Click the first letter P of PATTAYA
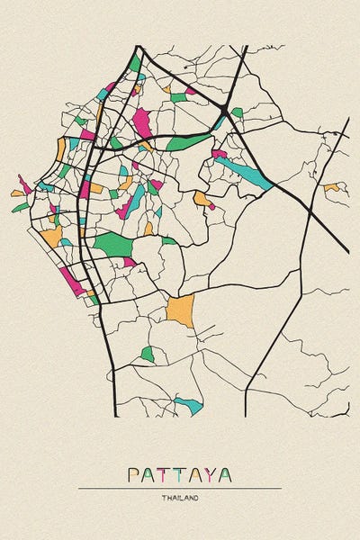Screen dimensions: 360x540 [x=133, y=474]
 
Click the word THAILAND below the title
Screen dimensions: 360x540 [x=180, y=498]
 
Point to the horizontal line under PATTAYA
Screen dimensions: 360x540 [x=180, y=488]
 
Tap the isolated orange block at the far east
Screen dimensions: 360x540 [x=332, y=187]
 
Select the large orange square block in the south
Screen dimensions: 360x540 [x=180, y=310]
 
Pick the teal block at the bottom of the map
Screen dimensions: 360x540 [x=189, y=404]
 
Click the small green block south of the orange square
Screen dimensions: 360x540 [x=148, y=355]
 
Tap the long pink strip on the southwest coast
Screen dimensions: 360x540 [x=72, y=280]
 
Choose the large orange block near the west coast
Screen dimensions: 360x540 [x=52, y=237]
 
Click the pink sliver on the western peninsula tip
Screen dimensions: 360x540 [x=24, y=184]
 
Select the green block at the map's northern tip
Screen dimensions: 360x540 [x=135, y=64]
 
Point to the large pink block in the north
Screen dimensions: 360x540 [x=142, y=122]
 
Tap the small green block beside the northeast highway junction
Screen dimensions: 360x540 [x=237, y=112]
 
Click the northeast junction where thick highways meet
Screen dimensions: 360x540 [x=223, y=109]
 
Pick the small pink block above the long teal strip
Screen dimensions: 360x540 [x=219, y=154]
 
